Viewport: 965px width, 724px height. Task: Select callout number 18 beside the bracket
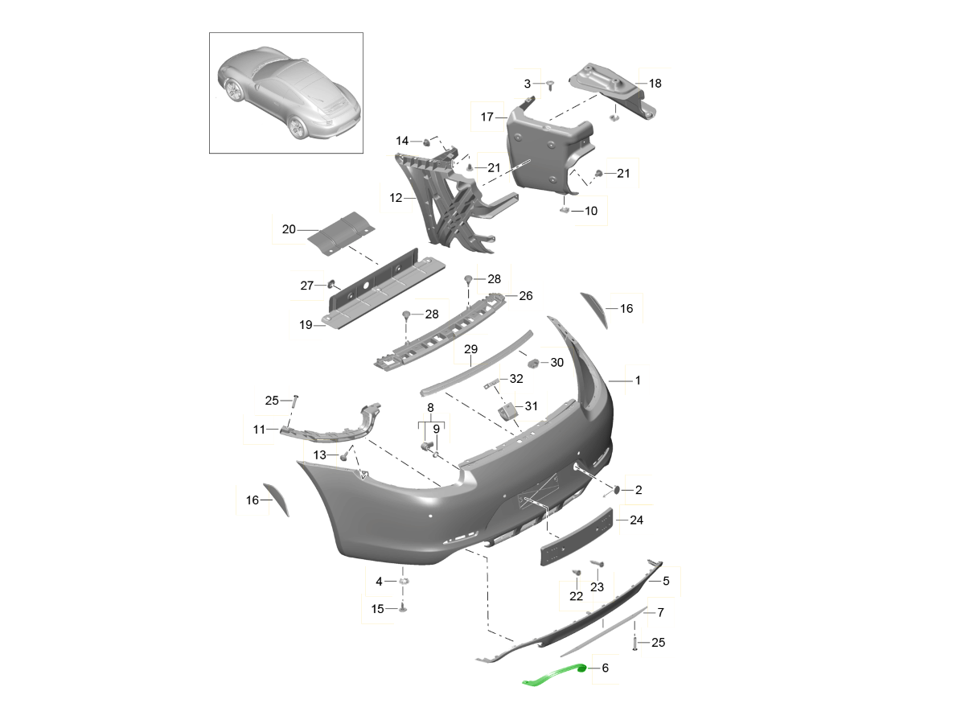pos(655,84)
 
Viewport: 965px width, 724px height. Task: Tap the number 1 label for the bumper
pos(638,381)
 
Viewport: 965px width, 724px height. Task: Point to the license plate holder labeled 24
pos(577,537)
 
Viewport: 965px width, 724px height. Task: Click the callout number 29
pos(471,349)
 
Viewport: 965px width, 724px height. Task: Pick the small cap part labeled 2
pos(616,490)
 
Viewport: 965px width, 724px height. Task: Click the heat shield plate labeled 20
pos(341,233)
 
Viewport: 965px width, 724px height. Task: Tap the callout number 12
pos(396,198)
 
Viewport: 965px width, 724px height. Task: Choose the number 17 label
pos(487,117)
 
